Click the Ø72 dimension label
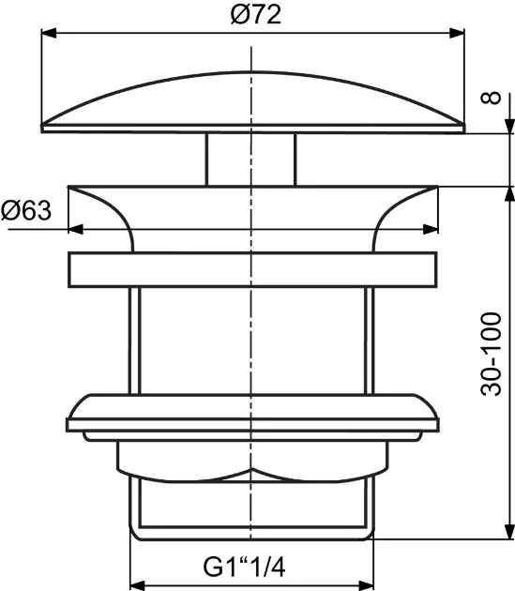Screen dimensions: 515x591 [x=256, y=15]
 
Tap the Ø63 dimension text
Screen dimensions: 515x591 [x=26, y=210]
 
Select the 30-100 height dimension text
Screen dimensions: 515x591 [x=491, y=354]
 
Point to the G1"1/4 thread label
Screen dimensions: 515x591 [x=244, y=567]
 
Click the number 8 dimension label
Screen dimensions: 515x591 [x=491, y=98]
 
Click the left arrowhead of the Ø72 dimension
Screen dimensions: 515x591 [x=49, y=33]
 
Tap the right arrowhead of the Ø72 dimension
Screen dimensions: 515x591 [x=457, y=33]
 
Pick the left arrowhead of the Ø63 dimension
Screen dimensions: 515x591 [x=76, y=229]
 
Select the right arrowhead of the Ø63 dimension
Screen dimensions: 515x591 [x=431, y=229]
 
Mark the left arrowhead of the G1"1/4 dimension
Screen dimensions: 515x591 [x=138, y=585]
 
